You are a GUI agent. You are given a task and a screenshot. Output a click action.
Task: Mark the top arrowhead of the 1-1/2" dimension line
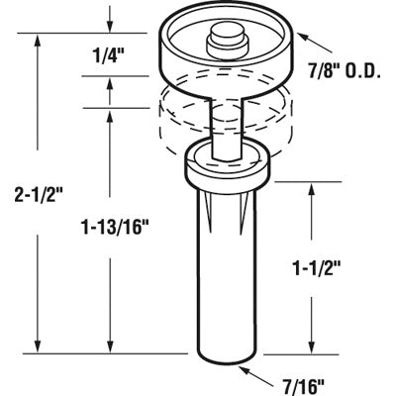pos(316,185)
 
